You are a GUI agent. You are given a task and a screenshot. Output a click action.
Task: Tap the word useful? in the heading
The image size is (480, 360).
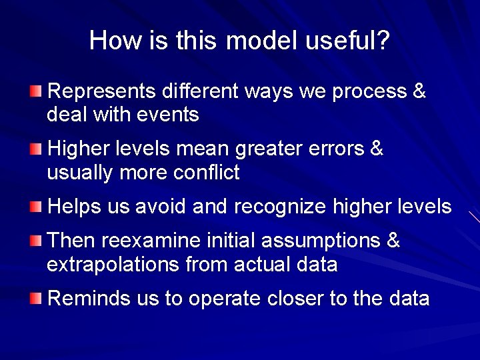pyautogui.click(x=347, y=41)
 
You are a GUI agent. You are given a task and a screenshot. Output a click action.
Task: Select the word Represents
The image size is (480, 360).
pyautogui.click(x=103, y=91)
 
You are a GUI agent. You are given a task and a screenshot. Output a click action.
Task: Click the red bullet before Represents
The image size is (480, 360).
pyautogui.click(x=35, y=91)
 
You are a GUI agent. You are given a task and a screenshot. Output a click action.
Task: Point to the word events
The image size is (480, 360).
pyautogui.click(x=167, y=115)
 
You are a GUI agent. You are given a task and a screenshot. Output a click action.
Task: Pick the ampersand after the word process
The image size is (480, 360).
pyautogui.click(x=419, y=91)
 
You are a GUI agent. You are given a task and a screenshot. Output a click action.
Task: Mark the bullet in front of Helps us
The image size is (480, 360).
pyautogui.click(x=35, y=207)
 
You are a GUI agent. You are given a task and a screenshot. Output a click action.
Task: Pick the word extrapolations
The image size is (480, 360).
pyautogui.click(x=113, y=265)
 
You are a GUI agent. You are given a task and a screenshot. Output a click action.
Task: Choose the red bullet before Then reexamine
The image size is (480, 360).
pyautogui.click(x=35, y=240)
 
